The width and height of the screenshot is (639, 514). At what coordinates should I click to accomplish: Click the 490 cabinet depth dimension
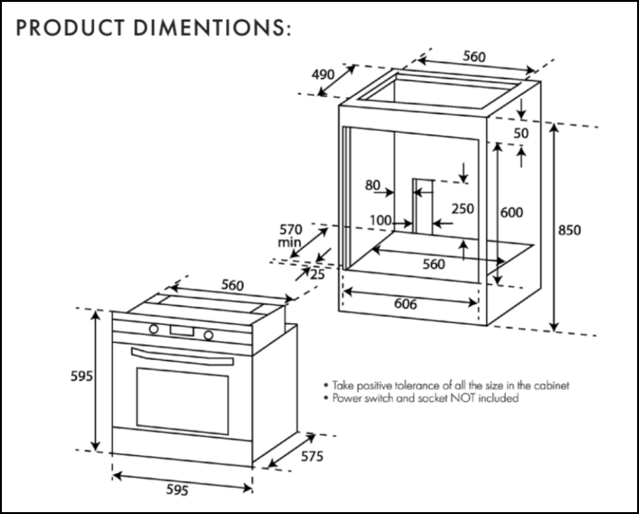(323, 75)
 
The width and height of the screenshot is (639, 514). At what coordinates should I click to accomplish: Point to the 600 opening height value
(511, 213)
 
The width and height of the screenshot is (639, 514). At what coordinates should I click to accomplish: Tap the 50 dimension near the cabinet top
(521, 133)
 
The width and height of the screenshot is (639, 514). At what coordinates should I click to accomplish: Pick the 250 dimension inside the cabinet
(463, 209)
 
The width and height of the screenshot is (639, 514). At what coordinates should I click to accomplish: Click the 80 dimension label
(373, 185)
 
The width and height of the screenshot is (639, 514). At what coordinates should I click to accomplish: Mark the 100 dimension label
(380, 220)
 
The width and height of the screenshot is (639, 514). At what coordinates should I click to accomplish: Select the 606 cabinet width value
(405, 305)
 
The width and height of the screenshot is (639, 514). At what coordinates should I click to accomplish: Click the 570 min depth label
(291, 235)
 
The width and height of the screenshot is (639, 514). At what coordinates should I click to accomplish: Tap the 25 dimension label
(317, 275)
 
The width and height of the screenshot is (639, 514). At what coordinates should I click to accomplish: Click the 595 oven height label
(81, 377)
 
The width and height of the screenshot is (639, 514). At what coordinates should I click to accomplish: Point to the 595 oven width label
(178, 490)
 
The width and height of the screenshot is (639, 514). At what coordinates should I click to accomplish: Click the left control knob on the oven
(154, 329)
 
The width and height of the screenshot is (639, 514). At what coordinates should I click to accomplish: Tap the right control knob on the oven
(208, 335)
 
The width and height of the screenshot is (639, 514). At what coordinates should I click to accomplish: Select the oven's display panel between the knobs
(181, 331)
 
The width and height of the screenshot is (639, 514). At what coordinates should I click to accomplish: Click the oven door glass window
(182, 401)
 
